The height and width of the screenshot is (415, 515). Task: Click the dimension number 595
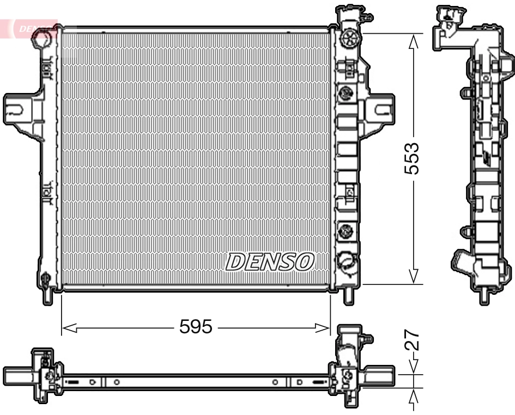196,327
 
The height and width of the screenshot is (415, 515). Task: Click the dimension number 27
413,340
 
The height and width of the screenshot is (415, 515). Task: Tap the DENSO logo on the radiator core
270,262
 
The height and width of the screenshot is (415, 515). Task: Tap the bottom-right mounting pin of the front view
348,296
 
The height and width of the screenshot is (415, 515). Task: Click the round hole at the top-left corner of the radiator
44,40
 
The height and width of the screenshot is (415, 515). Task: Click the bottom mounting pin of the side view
483,297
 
